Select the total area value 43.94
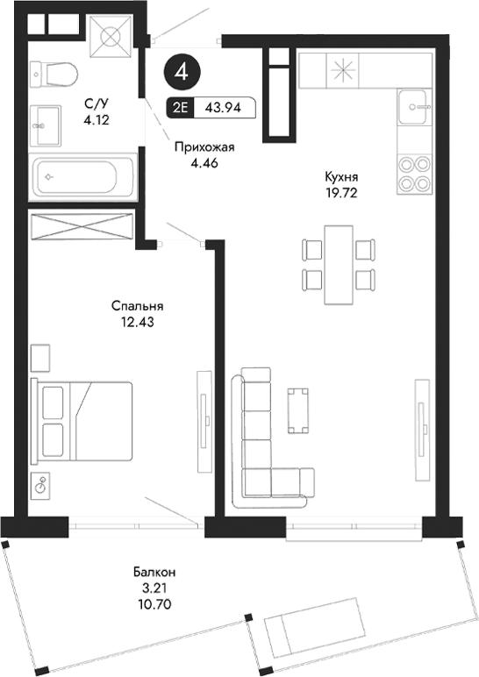(x=223, y=109)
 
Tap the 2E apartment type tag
(x=181, y=109)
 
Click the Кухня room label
(x=342, y=175)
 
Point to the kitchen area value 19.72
(x=342, y=189)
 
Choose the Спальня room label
(x=139, y=306)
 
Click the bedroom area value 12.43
(x=139, y=321)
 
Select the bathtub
(x=83, y=176)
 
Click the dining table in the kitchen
(x=339, y=264)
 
